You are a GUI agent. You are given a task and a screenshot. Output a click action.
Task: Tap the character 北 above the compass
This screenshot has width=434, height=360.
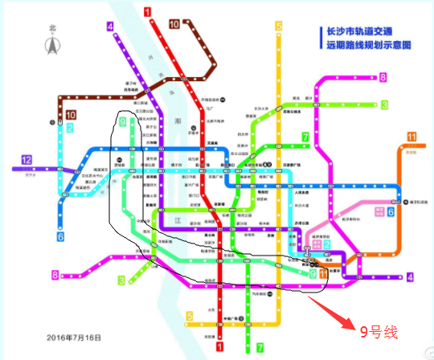pos(53,28)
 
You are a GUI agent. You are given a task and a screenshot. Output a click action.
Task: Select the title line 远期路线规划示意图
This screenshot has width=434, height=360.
pos(366,46)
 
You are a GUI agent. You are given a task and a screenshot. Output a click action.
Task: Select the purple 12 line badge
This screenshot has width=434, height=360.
pos(27,159)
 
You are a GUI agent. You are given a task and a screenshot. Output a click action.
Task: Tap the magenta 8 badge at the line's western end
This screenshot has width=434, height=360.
pos(55,275)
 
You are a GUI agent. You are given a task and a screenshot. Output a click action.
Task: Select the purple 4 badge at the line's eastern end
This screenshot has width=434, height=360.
pos(409,277)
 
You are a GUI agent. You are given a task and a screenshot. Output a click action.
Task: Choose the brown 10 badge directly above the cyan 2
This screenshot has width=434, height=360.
pos(71,115)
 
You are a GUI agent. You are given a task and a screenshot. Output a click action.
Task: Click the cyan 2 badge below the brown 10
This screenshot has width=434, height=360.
pos(71,128)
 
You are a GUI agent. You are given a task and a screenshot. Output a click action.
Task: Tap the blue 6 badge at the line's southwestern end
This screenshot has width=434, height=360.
pos(59,237)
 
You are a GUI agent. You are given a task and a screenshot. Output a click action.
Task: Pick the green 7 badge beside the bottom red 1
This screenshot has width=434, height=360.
pos(259,348)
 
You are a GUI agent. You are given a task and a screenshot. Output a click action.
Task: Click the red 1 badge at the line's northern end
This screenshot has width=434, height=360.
pos(146,11)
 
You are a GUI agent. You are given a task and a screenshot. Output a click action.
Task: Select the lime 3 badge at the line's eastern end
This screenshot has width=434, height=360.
pos(384,104)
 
